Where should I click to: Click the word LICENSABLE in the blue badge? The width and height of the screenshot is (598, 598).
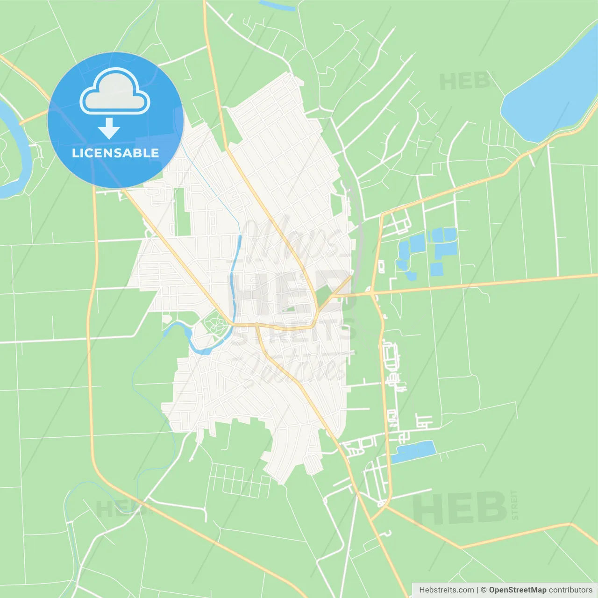coord(115,153)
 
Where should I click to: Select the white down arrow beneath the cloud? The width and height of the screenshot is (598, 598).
coord(109,128)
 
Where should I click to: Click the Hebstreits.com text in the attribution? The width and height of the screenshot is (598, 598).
coord(446,590)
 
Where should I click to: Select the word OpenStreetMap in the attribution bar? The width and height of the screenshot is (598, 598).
coord(518,590)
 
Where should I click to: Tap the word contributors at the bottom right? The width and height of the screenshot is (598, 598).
coord(570,590)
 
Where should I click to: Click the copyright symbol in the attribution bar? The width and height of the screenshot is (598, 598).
coord(484,590)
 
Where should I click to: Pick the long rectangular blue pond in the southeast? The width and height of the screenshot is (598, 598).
coord(413,451)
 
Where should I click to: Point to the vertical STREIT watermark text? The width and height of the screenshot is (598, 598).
coord(514,505)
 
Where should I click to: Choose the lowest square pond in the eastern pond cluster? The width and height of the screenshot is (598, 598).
coord(436,269)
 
